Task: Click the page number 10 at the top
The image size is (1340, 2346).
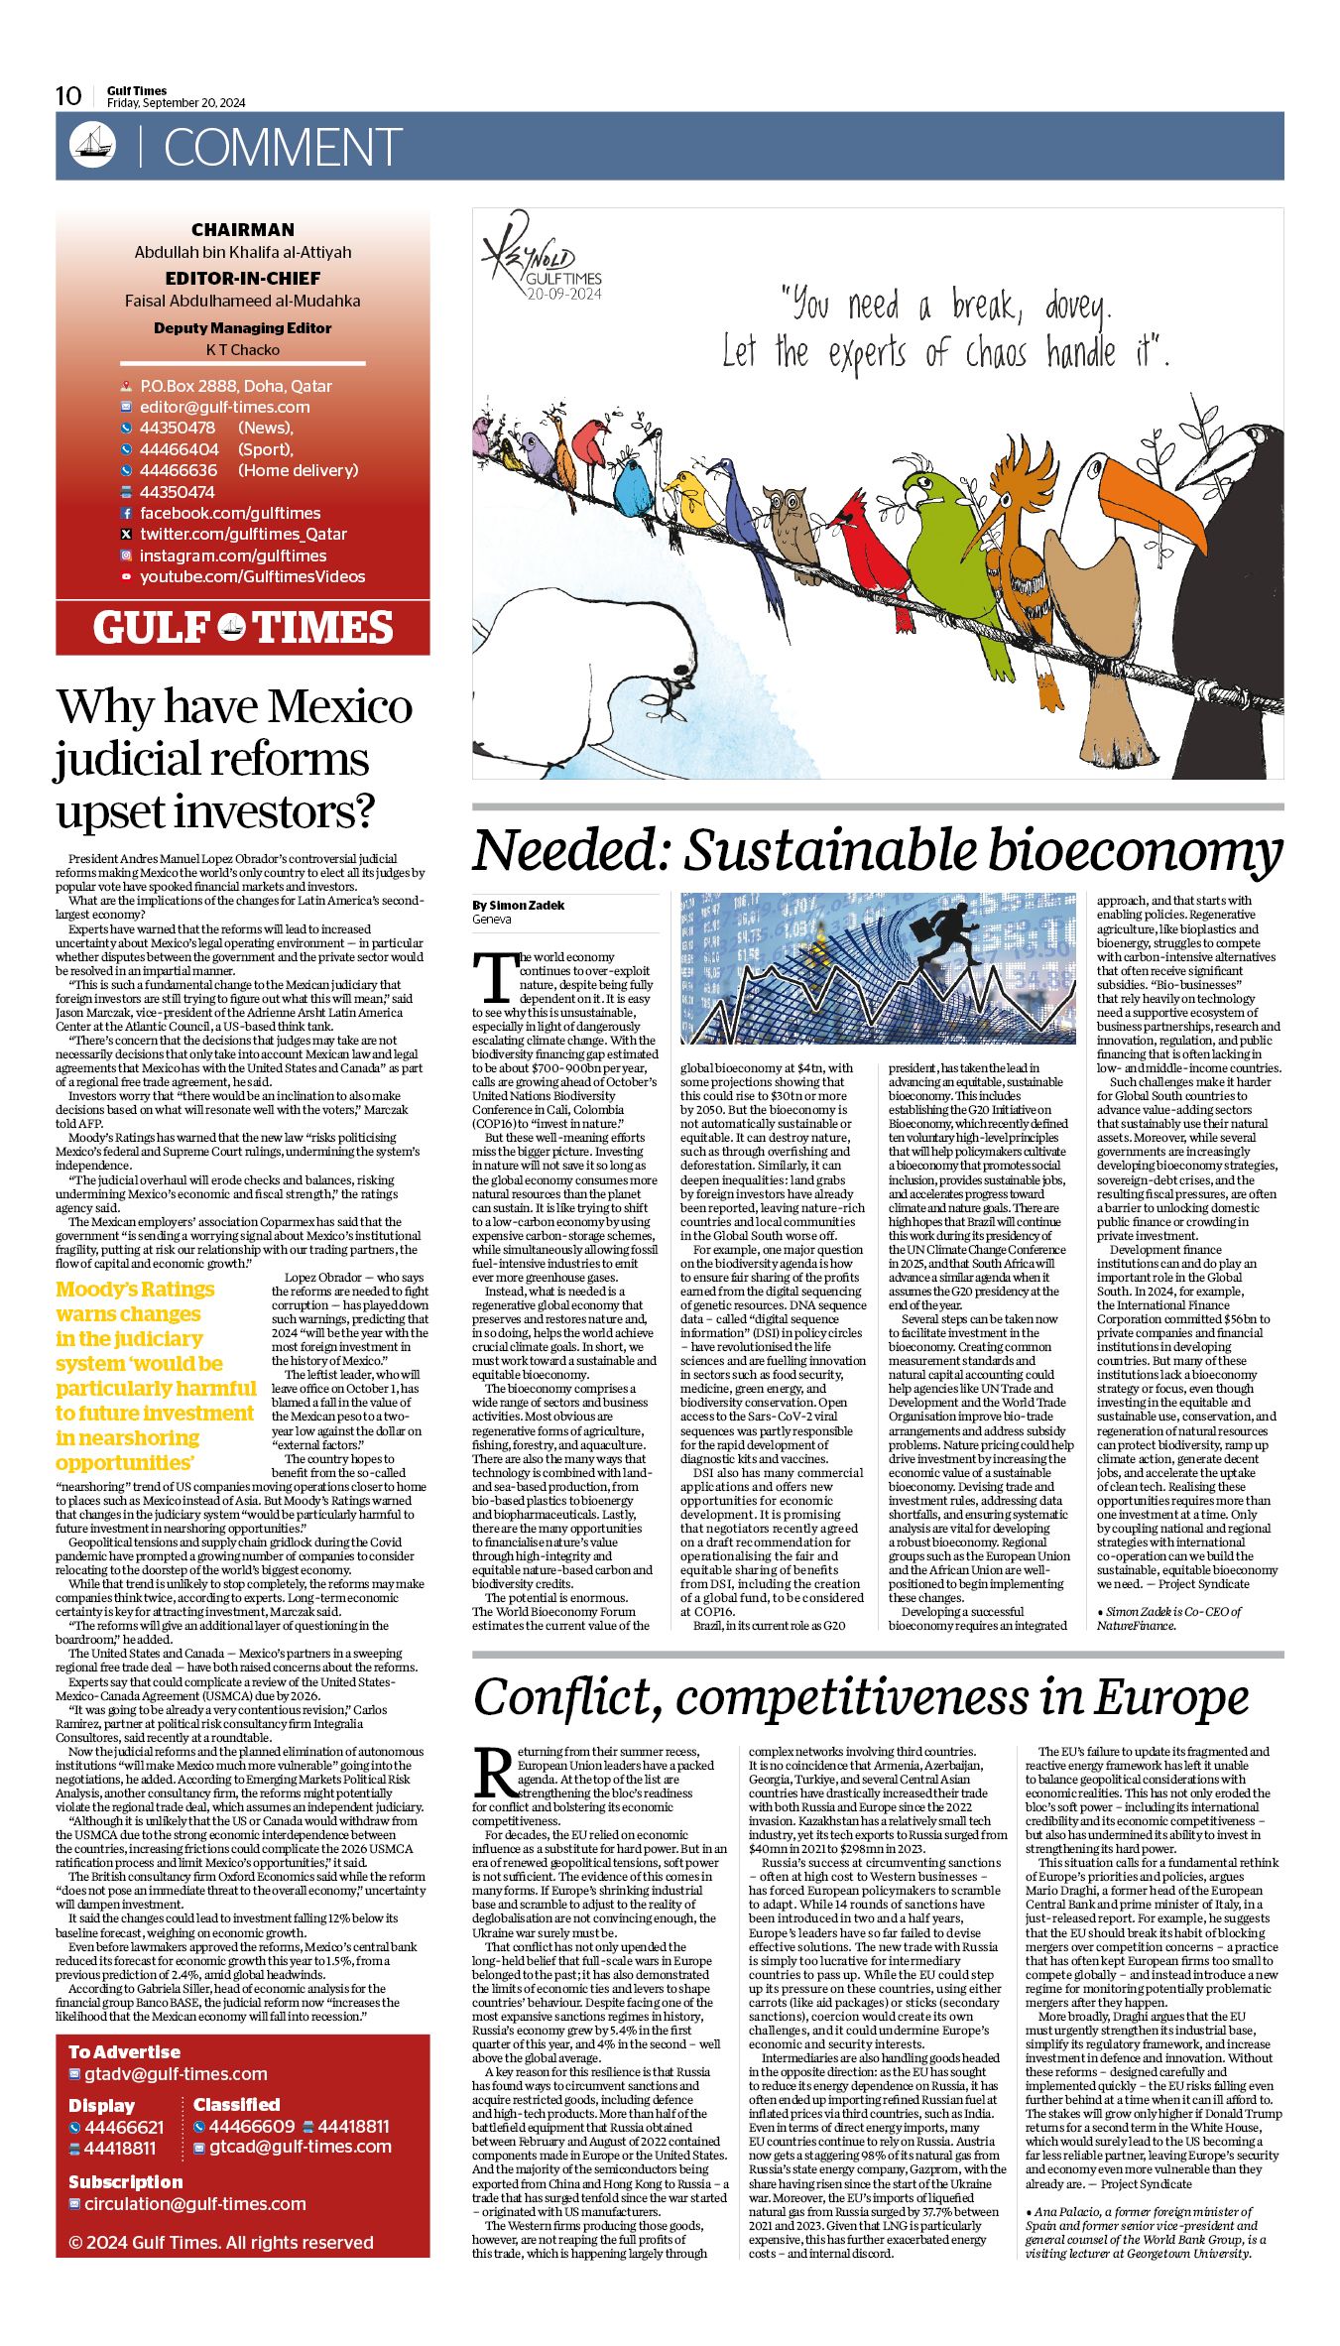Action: click(x=68, y=95)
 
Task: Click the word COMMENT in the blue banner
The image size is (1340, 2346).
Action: click(x=282, y=148)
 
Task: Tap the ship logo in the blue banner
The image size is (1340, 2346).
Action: click(x=92, y=146)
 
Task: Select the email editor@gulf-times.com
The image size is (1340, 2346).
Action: click(x=224, y=407)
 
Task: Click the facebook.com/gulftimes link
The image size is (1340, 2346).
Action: click(x=230, y=513)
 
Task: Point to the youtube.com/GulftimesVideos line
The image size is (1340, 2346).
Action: click(x=252, y=576)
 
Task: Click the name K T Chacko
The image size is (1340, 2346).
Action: click(x=243, y=349)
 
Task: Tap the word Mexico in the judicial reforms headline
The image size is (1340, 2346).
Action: click(x=340, y=706)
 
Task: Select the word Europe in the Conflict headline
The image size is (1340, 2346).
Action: click(x=1170, y=1697)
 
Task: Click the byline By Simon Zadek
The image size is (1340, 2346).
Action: click(x=519, y=905)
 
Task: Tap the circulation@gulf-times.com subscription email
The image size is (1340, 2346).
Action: click(x=194, y=2203)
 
